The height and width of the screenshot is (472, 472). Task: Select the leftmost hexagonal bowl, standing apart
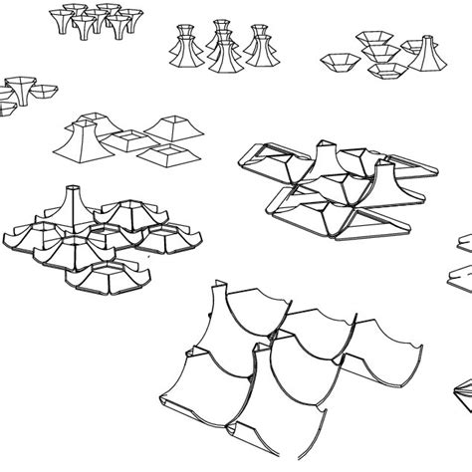point(338,63)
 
